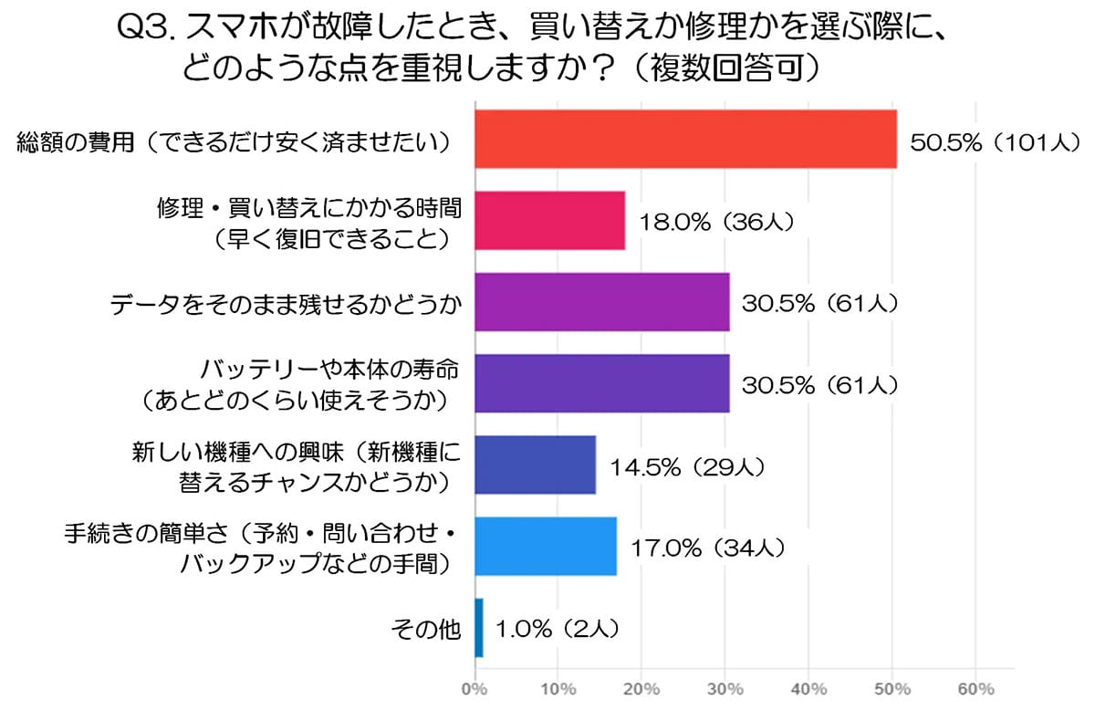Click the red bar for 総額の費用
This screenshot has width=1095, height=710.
(685, 139)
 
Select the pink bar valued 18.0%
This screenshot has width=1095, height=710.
(549, 220)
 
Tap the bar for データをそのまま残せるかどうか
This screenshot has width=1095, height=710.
(601, 301)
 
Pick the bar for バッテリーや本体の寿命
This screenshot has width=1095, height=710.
(601, 383)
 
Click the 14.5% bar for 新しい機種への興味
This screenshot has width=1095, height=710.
(535, 465)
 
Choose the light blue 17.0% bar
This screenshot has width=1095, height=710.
(545, 546)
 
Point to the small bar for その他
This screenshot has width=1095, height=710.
(479, 628)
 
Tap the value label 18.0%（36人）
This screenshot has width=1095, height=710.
(718, 222)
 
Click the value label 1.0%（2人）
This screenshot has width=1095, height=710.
(558, 629)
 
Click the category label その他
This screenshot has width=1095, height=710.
(425, 629)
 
